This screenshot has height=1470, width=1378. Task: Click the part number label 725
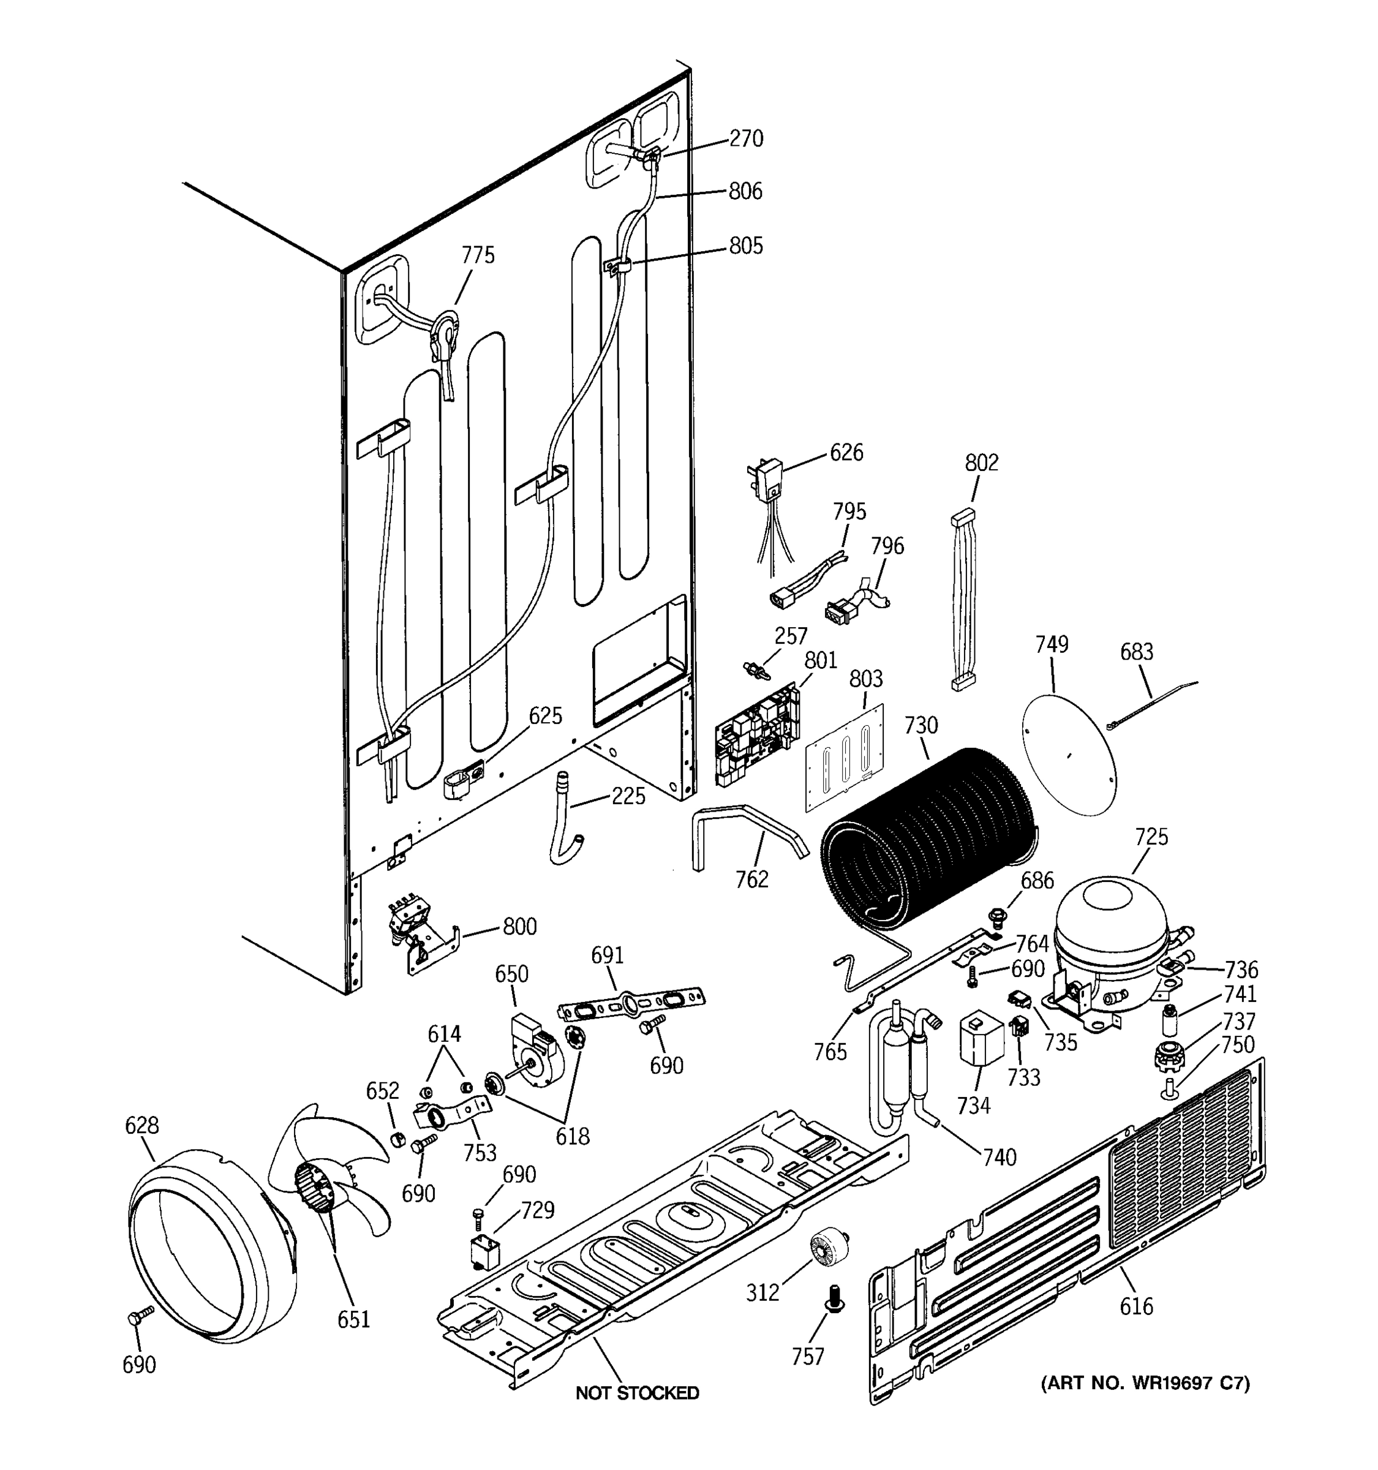click(x=1150, y=837)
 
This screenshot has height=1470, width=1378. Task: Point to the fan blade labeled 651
click(x=325, y=1176)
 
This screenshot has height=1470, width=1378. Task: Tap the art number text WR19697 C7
click(x=1145, y=1384)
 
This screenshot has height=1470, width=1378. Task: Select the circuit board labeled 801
click(x=757, y=736)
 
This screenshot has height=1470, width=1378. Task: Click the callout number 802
click(x=981, y=463)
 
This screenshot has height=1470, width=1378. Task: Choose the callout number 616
click(x=1135, y=1306)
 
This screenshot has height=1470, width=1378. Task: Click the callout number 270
click(x=746, y=138)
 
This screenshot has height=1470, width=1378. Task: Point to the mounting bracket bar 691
click(x=631, y=1006)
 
